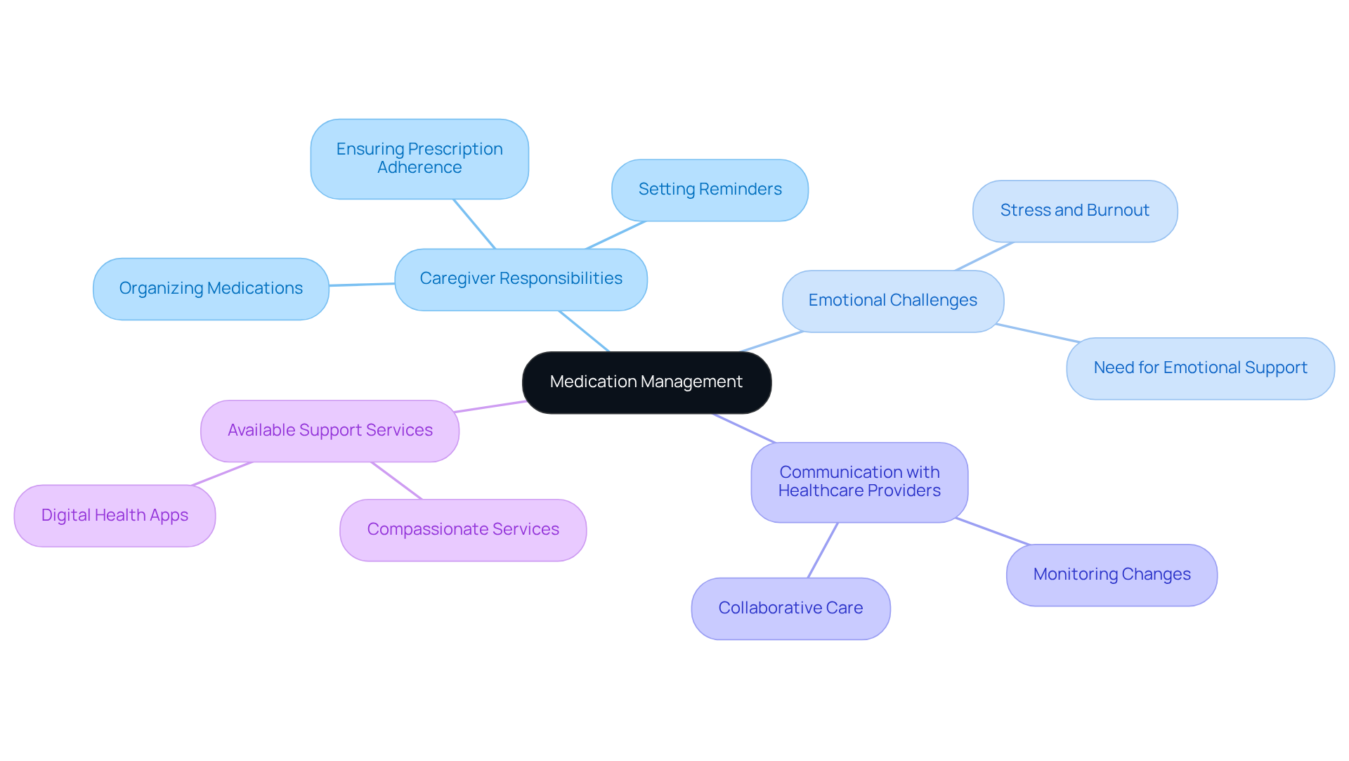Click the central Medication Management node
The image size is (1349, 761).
coord(646,382)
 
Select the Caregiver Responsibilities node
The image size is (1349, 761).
coord(521,279)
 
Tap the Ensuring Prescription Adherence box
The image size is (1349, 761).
coord(419,159)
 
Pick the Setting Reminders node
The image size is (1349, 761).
coord(710,190)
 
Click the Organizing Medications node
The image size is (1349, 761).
coord(211,289)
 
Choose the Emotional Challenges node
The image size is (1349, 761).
coord(892,301)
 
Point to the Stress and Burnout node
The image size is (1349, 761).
coord(1074,211)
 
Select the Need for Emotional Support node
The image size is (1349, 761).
coord(1200,368)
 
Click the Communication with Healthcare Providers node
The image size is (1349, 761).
coord(859,482)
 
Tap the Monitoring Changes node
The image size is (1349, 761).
coord(1112,575)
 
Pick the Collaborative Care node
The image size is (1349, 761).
coord(790,609)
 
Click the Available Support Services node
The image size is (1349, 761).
coord(330,431)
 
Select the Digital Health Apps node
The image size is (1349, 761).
coord(115,516)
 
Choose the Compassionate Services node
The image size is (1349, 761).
coord(463,530)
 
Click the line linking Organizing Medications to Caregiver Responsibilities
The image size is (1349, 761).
coord(362,285)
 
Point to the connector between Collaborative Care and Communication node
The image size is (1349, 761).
coord(823,550)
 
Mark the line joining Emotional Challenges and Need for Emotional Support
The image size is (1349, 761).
coord(1038,333)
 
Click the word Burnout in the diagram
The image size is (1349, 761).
coord(1117,210)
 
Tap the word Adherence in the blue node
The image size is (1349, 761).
coord(419,168)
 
